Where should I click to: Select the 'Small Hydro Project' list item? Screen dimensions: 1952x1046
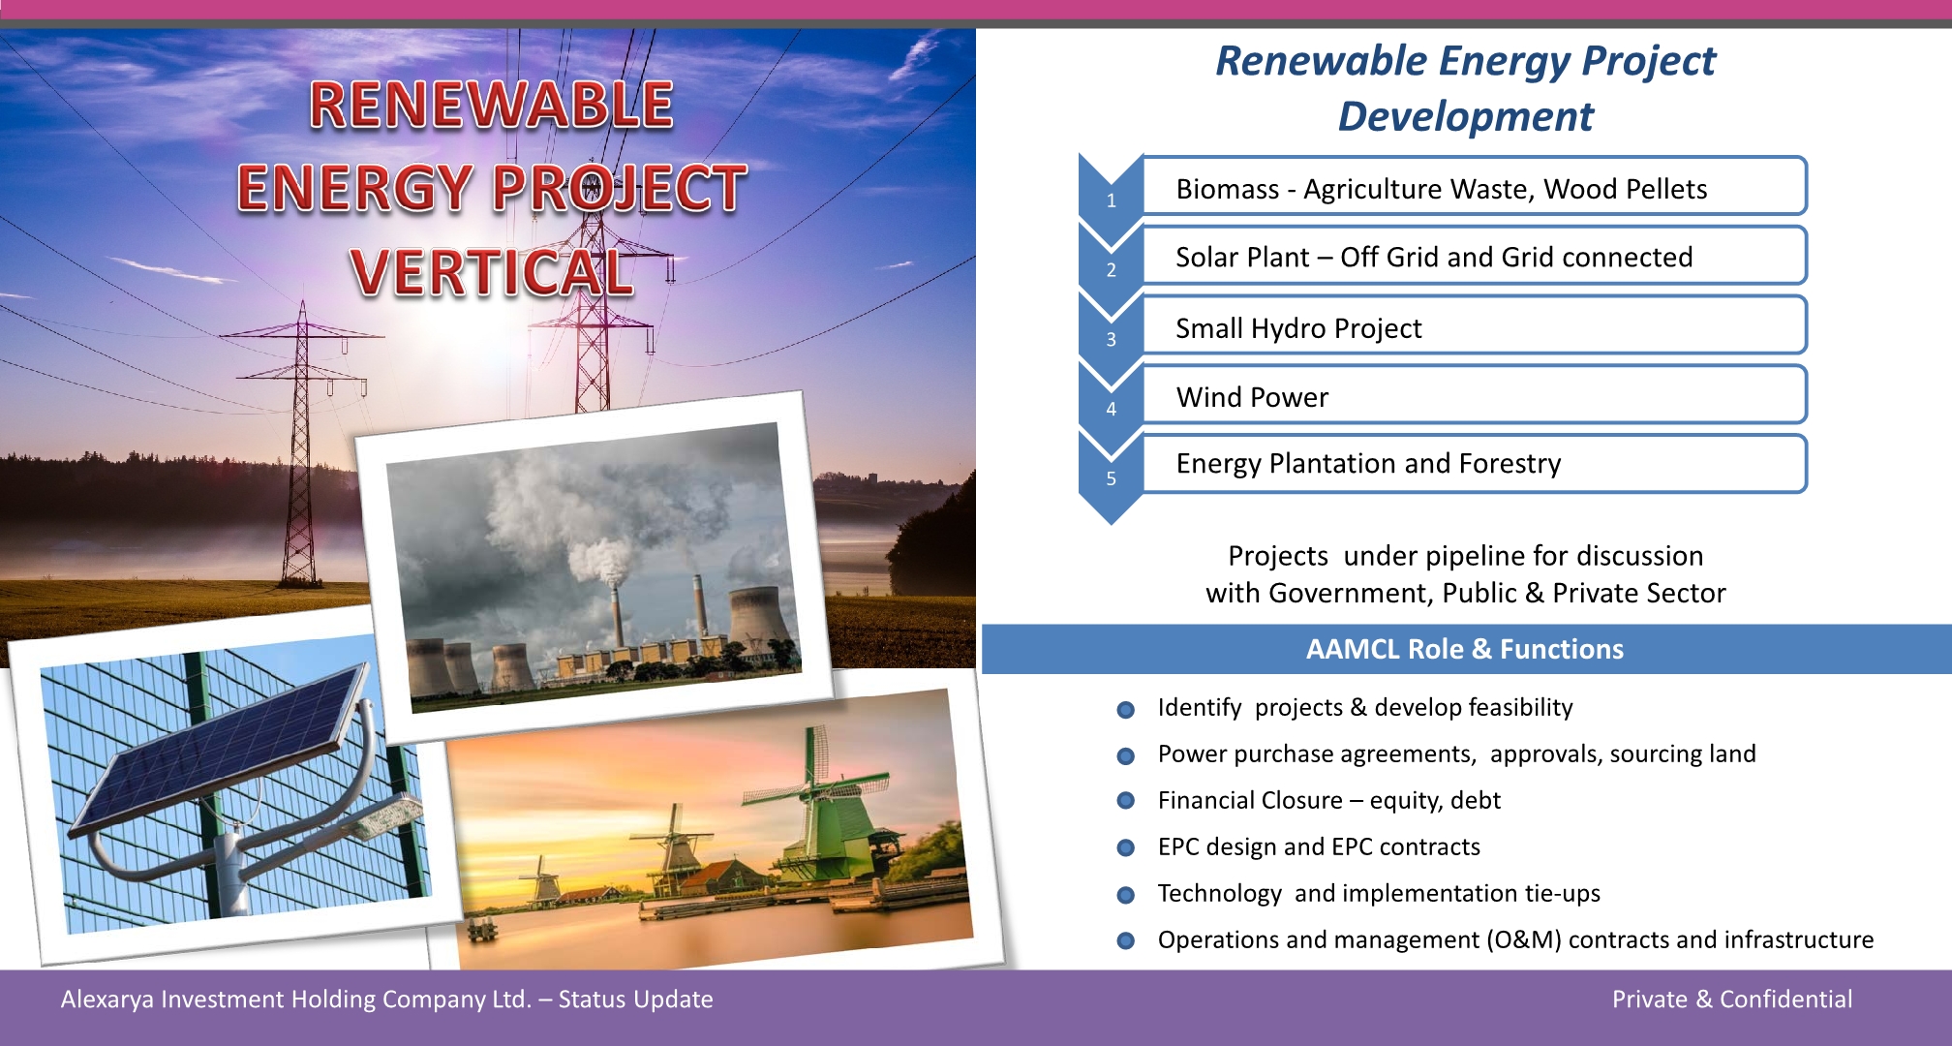click(1298, 328)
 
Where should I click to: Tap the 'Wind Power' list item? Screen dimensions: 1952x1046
click(1252, 397)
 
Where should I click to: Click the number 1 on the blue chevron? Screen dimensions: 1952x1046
click(1112, 200)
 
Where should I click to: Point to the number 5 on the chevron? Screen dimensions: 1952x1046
click(1112, 478)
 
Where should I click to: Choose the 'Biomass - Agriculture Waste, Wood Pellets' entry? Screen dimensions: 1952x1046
click(1442, 189)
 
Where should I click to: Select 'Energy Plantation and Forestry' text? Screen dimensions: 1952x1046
click(1368, 464)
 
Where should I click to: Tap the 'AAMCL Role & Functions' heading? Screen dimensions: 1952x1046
click(1464, 649)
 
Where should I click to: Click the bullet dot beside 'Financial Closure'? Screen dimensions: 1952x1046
click(1125, 801)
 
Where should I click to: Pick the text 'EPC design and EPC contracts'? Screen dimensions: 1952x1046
click(1319, 846)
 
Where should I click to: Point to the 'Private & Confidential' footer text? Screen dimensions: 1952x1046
click(1732, 1000)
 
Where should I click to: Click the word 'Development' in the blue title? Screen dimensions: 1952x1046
click(1465, 117)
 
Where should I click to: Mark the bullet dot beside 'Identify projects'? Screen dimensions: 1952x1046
click(1125, 710)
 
